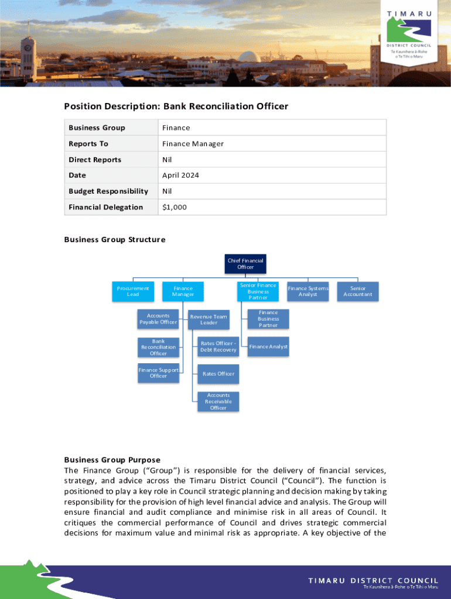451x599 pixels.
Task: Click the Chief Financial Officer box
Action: tap(245, 264)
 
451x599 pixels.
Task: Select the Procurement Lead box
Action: tap(133, 291)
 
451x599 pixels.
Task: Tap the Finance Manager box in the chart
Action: tap(183, 291)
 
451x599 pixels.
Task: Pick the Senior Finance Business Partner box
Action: tap(258, 291)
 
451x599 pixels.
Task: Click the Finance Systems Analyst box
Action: tap(307, 291)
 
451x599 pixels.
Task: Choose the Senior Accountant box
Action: tap(358, 291)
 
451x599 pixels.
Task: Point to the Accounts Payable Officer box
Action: tap(158, 319)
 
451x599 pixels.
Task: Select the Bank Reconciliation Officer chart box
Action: tap(158, 347)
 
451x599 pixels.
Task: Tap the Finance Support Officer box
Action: tap(158, 373)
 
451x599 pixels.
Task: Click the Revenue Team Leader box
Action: tap(209, 319)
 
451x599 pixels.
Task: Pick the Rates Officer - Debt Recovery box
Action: tap(218, 347)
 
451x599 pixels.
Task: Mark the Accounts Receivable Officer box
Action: tap(218, 401)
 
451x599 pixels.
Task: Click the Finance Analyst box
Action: tap(268, 347)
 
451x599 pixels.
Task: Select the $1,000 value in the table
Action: tap(175, 207)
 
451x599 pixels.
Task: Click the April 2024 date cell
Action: tap(180, 175)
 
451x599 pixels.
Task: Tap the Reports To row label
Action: tap(88, 144)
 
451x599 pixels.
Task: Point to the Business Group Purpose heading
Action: tap(112, 460)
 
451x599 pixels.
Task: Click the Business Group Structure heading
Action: tap(115, 240)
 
